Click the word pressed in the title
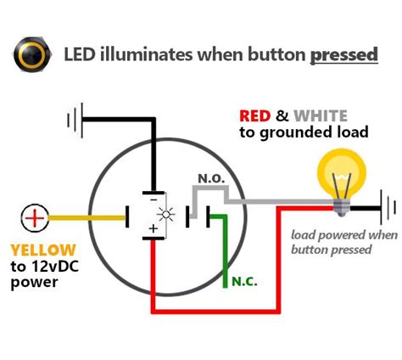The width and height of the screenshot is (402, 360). (x=343, y=56)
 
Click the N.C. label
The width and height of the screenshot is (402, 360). (x=244, y=281)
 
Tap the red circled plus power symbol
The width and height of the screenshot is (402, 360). (x=35, y=218)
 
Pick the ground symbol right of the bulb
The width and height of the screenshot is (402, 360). (x=388, y=207)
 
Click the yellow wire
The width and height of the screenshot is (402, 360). (x=85, y=218)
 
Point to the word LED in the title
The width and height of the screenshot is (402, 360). (x=81, y=56)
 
